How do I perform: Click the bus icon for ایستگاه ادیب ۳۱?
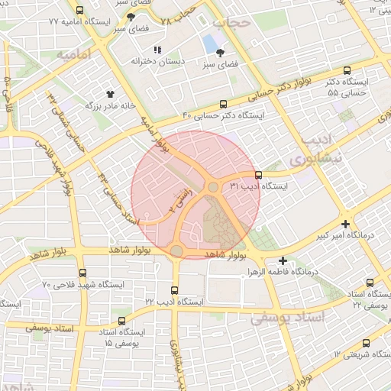coord(258,175)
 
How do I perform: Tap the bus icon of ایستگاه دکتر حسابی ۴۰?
coord(223,104)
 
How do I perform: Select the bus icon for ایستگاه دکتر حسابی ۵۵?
coord(348,69)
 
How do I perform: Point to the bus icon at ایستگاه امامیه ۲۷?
coord(81,11)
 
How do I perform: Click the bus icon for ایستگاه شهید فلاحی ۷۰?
coord(82,273)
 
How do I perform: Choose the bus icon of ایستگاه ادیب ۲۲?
coord(175,290)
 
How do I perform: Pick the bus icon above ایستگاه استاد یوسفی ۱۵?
coord(121,321)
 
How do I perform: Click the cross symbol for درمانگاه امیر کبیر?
coord(347,225)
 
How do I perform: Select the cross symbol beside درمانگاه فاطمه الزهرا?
coord(283,260)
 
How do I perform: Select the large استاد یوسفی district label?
coord(288,316)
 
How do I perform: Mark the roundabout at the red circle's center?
coord(213,187)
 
